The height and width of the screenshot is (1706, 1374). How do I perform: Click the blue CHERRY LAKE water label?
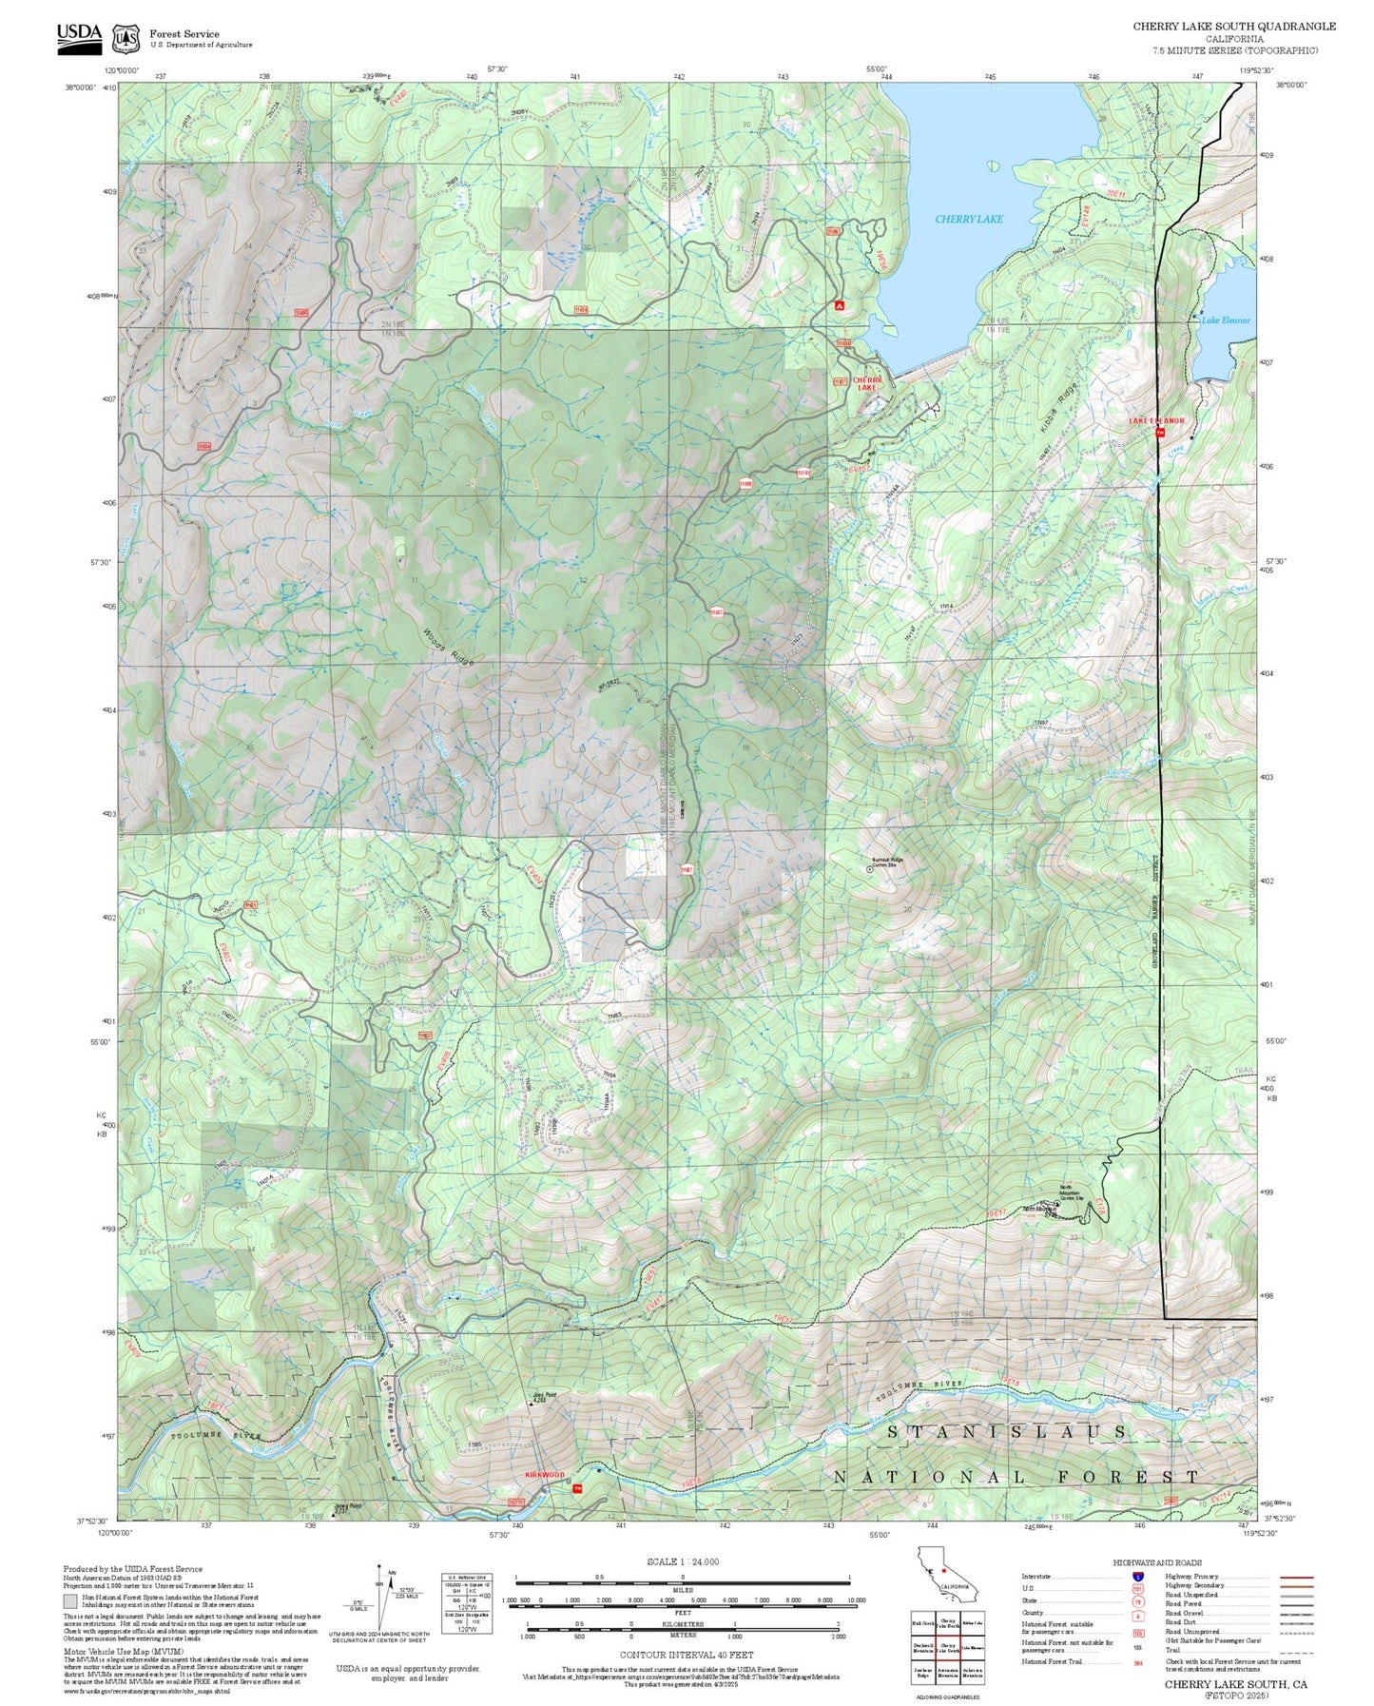968,219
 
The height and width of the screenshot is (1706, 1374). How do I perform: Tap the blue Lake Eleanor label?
1226,320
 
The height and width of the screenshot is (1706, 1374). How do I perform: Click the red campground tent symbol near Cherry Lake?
839,305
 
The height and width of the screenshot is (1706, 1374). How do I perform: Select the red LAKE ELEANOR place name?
1156,420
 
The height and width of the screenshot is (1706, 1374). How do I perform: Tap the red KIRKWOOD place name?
545,1475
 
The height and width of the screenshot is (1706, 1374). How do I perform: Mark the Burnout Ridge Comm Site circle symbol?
869,868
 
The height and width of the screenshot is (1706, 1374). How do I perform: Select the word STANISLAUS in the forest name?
1008,1431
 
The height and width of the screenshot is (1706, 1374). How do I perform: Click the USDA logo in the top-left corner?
79,35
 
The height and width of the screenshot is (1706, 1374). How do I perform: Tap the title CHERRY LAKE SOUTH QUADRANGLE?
1233,27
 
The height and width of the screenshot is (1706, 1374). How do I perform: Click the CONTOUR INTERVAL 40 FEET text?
686,1656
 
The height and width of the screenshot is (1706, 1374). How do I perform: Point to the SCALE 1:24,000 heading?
683,1561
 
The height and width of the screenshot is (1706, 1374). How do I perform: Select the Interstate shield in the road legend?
1137,1578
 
